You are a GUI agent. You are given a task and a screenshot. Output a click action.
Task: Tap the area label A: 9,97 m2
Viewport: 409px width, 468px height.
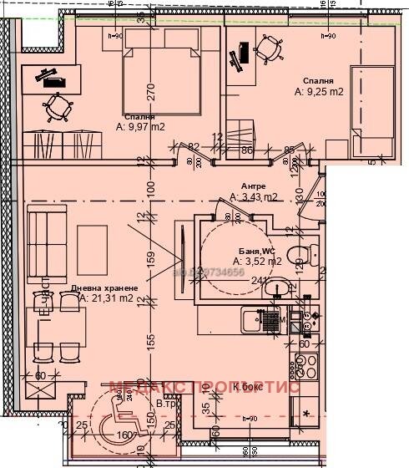pyautogui.click(x=140, y=128)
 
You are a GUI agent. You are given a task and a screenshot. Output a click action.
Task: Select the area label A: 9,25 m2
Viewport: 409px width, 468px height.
pyautogui.click(x=319, y=93)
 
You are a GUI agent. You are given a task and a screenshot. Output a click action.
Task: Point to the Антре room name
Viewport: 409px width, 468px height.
pyautogui.click(x=254, y=186)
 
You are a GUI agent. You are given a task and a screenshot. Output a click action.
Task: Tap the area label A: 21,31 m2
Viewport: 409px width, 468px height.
pyautogui.click(x=107, y=298)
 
